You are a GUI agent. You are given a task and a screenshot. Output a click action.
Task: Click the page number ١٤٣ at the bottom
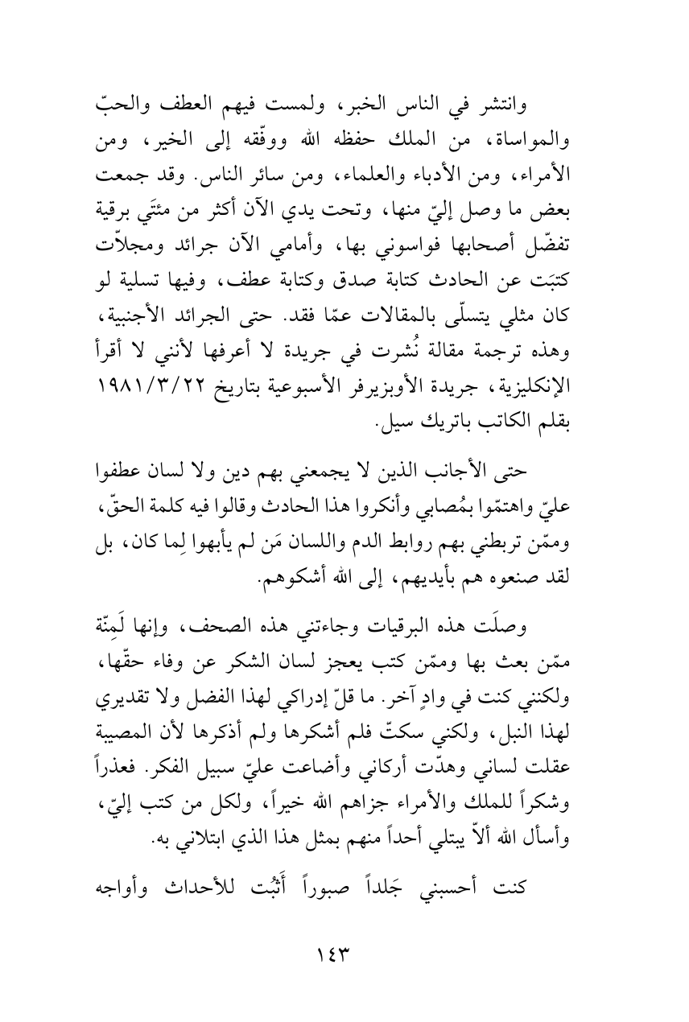click(x=343, y=957)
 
